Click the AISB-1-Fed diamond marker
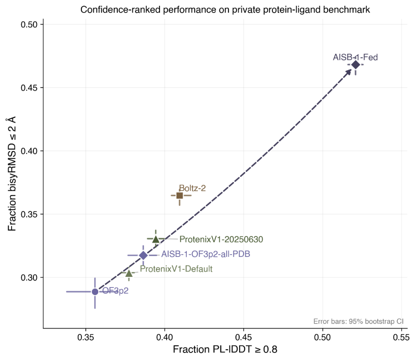tap(356, 64)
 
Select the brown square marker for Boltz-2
tap(180, 196)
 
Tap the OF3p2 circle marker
tap(95, 292)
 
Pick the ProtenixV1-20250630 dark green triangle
tap(156, 239)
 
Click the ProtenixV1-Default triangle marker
tap(129, 273)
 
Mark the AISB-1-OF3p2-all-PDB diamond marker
tap(143, 255)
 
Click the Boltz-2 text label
tap(192, 188)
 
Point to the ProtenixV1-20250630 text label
tap(221, 239)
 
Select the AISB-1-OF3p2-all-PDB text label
tap(206, 254)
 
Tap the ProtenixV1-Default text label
tap(176, 269)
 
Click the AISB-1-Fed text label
tap(355, 57)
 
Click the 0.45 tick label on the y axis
tap(28, 88)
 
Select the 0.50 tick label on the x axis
tap(323, 337)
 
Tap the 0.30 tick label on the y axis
tap(28, 277)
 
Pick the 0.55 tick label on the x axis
tap(401, 337)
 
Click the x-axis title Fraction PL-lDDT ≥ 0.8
tap(225, 349)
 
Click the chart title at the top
tap(225, 9)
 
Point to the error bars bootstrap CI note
tap(358, 321)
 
